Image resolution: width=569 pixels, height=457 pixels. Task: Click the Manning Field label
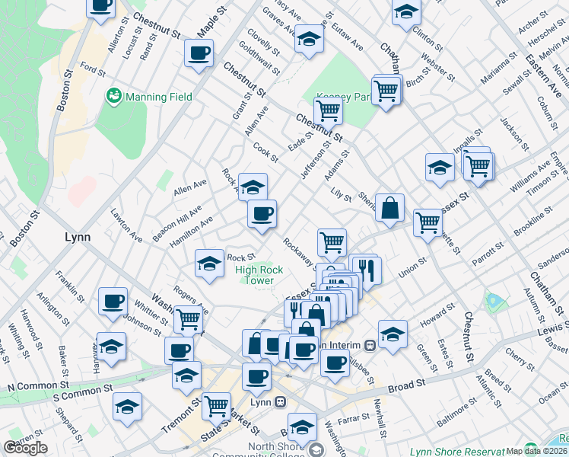[158, 97]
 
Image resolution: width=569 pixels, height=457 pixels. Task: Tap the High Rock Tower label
[259, 275]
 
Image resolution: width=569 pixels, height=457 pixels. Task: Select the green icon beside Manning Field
[114, 96]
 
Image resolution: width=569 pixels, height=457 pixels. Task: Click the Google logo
[25, 448]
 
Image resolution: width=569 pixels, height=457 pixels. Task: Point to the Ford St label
[92, 69]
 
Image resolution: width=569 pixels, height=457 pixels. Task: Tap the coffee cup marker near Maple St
[199, 53]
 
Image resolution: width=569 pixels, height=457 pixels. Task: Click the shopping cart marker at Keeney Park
[328, 110]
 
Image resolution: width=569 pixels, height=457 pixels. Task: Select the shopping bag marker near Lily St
[389, 207]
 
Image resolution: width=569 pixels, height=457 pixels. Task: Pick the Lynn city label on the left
[78, 237]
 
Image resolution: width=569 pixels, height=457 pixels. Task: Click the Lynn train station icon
[281, 401]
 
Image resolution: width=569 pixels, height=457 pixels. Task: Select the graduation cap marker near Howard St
[393, 334]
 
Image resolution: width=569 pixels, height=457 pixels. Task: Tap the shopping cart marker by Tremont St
[217, 405]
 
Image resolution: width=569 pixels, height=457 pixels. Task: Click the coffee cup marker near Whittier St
[113, 301]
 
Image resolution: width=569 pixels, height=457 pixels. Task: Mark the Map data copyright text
[536, 451]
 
